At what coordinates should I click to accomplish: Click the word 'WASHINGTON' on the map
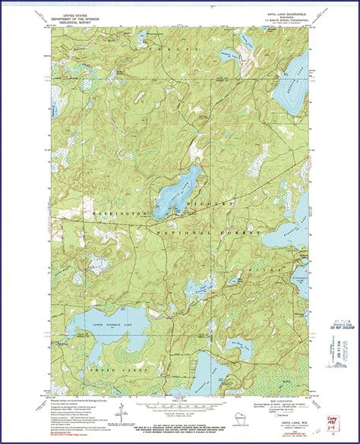pyautogui.click(x=115, y=215)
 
